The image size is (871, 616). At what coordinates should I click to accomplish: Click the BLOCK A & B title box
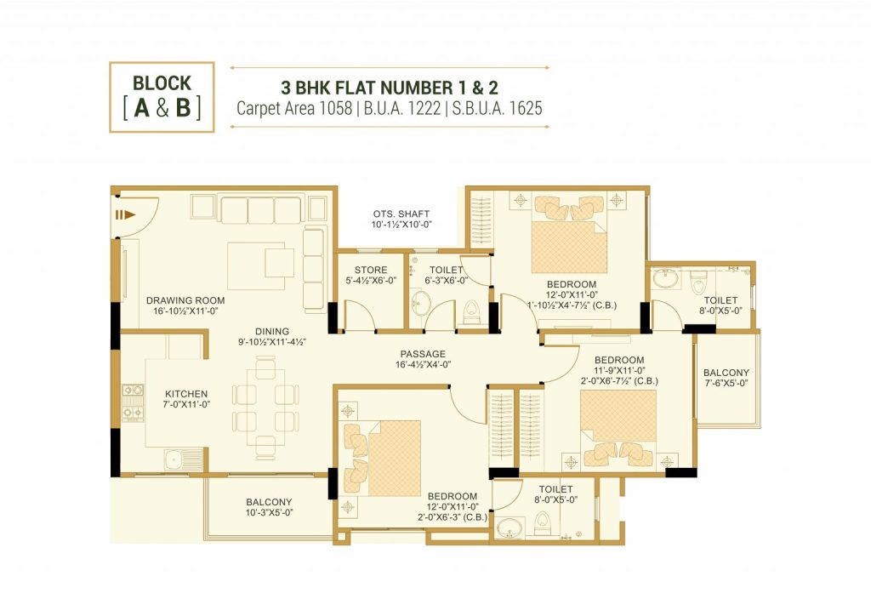(162, 97)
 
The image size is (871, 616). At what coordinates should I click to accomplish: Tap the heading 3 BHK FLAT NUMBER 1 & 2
(390, 88)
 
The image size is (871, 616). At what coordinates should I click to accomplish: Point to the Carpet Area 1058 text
(294, 108)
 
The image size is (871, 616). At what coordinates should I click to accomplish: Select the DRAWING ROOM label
(185, 300)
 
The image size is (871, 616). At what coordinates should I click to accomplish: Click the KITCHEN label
(186, 394)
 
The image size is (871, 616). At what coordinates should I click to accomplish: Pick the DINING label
(272, 332)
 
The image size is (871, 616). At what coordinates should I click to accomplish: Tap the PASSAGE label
(423, 354)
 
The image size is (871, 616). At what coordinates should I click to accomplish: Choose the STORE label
(371, 270)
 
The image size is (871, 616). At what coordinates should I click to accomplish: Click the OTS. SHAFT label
(401, 214)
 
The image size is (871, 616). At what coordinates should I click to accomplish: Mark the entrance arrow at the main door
(125, 215)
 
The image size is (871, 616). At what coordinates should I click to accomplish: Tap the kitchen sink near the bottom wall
(184, 460)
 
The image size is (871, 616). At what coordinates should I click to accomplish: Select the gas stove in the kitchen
(133, 401)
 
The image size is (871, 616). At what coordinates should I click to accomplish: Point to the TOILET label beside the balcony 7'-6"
(720, 300)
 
